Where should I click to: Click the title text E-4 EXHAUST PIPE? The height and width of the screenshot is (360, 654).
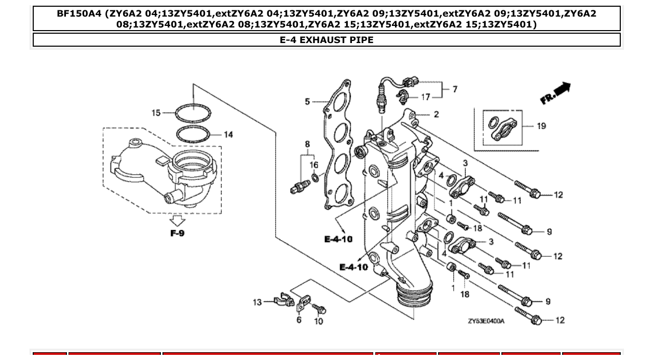326,40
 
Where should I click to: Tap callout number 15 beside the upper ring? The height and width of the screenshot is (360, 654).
156,113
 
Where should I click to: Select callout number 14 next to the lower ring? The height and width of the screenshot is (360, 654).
228,134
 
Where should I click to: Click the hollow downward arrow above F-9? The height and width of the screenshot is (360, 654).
178,220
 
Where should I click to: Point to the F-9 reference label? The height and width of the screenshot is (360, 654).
178,233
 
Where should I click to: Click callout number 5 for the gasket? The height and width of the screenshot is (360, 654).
307,102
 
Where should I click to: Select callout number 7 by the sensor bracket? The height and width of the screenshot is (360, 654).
455,89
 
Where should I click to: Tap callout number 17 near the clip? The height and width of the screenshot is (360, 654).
426,97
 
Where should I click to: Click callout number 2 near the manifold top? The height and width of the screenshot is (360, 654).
436,114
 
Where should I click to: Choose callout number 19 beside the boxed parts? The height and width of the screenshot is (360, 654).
541,126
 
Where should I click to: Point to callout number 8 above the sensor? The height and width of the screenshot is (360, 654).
307,144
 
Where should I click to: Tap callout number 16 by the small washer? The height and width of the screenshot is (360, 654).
314,165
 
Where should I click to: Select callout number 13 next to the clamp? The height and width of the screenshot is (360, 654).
257,302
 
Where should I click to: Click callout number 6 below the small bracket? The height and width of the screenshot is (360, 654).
299,320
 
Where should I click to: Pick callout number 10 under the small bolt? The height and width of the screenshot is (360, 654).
318,321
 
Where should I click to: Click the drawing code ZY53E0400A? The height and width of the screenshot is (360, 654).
486,321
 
